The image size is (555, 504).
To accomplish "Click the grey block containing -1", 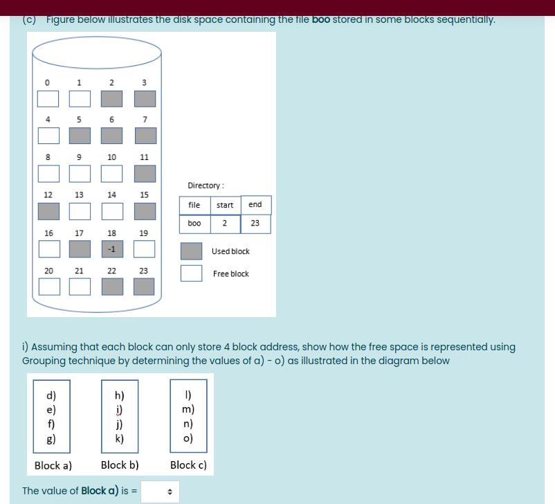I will point(111,248).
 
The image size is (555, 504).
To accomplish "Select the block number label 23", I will point(143,271).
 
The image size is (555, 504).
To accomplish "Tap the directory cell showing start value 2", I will point(224,224).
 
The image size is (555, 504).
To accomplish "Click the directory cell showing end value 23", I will point(255,224).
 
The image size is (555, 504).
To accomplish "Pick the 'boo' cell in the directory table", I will point(194,224).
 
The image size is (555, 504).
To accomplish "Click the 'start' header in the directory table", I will point(224,205).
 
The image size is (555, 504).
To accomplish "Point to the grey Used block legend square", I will point(191,251).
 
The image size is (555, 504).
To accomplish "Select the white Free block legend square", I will point(191,273).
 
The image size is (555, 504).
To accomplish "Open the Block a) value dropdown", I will point(160,492).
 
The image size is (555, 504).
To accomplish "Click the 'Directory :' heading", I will point(204,186).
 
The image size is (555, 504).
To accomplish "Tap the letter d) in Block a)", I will point(51,396).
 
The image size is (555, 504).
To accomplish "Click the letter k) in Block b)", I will point(120,438).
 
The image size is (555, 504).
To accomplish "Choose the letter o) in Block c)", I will point(188,438).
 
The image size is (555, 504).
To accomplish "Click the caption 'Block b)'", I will point(120,465).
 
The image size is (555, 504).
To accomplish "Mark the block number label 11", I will point(144,157).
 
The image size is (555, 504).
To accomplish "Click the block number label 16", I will point(48,233).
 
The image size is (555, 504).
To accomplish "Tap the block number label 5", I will point(80,119).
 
